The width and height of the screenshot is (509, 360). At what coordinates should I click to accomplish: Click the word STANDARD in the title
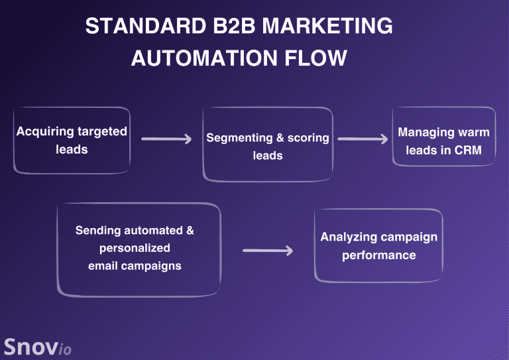[x=146, y=26]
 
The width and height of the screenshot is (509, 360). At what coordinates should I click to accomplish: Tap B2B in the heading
[x=235, y=26]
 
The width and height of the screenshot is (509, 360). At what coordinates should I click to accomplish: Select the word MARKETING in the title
[x=327, y=26]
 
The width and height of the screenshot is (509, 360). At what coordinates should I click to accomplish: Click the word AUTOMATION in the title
[x=204, y=58]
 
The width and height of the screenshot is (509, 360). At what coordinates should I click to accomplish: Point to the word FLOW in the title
[x=315, y=58]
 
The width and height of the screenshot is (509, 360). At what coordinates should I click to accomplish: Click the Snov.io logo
[x=38, y=347]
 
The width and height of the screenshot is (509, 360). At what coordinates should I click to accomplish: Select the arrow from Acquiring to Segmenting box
[x=166, y=139]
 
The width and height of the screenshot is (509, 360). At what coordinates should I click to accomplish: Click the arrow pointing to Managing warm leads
[x=363, y=139]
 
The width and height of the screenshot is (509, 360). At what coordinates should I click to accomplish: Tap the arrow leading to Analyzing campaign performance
[x=268, y=251]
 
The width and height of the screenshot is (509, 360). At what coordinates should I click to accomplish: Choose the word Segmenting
[x=239, y=139]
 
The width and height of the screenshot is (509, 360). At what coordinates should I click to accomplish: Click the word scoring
[x=308, y=139]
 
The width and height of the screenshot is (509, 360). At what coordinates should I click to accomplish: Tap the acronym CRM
[x=468, y=150]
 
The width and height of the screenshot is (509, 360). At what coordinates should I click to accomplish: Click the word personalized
[x=135, y=249]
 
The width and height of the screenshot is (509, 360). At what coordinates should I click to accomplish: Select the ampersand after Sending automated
[x=190, y=230]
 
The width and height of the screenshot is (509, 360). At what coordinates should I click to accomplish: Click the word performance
[x=379, y=255]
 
